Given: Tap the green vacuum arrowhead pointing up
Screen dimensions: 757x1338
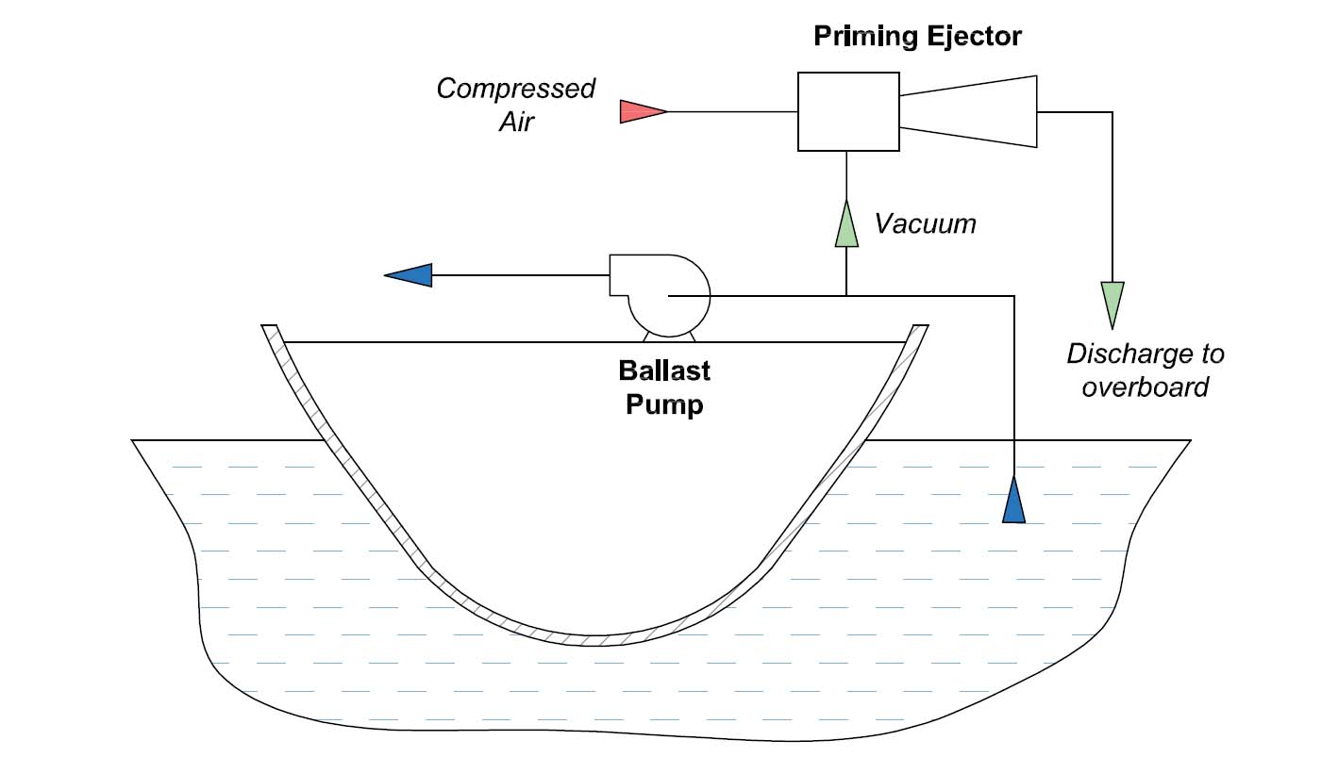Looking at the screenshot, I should [x=846, y=225].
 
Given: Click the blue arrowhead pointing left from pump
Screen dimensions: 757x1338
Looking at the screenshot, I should [x=410, y=275].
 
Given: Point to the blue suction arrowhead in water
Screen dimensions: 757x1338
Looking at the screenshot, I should [x=1013, y=501].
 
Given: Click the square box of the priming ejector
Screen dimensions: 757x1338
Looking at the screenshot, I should [x=846, y=111].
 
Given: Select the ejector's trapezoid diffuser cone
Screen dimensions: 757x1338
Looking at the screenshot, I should [x=970, y=111].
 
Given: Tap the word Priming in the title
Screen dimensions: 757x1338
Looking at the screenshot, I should [x=861, y=37].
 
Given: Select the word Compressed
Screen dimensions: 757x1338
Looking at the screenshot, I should [x=515, y=89].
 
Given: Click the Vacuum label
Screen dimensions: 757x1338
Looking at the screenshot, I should [x=924, y=224].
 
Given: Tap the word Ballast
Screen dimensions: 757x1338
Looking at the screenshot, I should [x=664, y=370].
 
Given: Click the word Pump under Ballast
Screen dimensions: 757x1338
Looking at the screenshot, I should [x=664, y=406].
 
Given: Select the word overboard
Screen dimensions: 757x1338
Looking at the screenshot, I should [x=1145, y=387].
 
